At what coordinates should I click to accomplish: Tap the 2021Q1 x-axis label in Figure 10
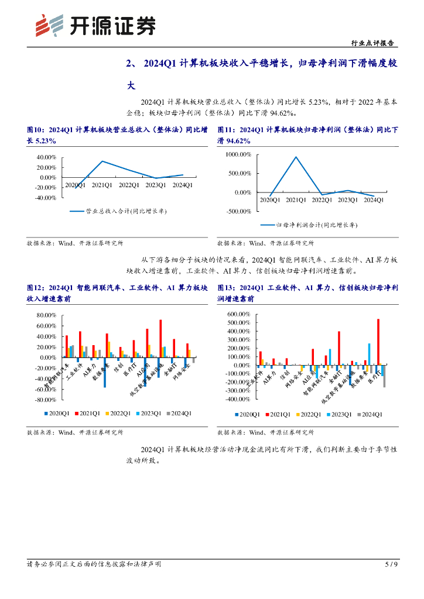[x=102, y=185]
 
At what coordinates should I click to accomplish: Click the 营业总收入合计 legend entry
[x=118, y=211]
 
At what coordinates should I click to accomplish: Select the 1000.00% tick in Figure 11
[x=238, y=154]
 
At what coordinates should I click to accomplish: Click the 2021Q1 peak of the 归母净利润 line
[x=296, y=157]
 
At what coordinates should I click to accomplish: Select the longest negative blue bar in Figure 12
[x=105, y=372]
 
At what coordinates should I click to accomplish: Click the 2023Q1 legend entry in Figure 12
[x=151, y=414]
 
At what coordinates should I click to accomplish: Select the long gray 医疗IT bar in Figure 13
[x=384, y=376]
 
